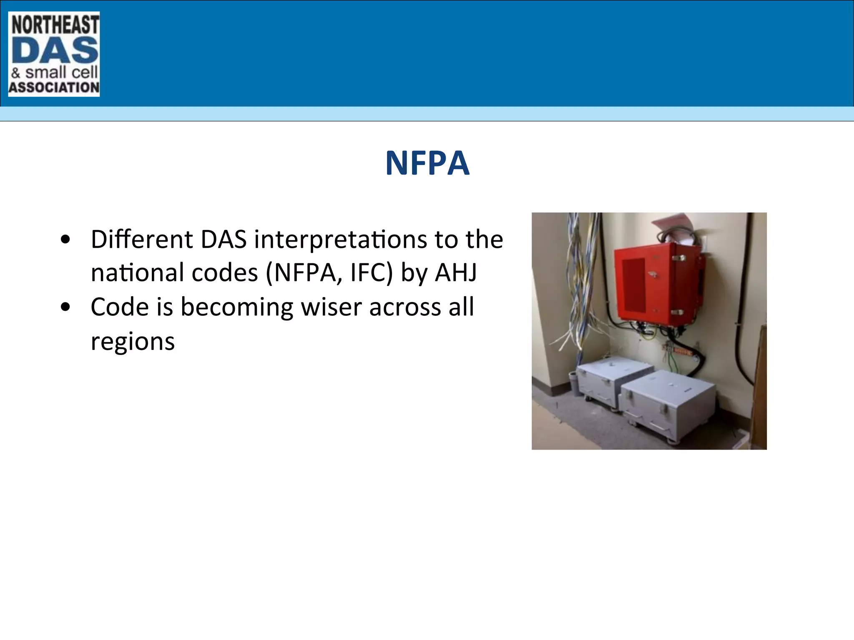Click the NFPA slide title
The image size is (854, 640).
pyautogui.click(x=427, y=163)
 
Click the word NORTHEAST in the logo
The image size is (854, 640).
pyautogui.click(x=55, y=25)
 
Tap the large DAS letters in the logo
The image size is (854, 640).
pyautogui.click(x=55, y=50)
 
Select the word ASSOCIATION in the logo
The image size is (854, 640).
pyautogui.click(x=54, y=87)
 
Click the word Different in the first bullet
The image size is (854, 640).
pyautogui.click(x=141, y=240)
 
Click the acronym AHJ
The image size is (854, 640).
pyautogui.click(x=456, y=273)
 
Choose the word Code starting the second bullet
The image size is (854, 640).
pyautogui.click(x=119, y=307)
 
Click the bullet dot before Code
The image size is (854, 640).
pyautogui.click(x=65, y=307)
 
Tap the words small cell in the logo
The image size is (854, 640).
pyautogui.click(x=61, y=73)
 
